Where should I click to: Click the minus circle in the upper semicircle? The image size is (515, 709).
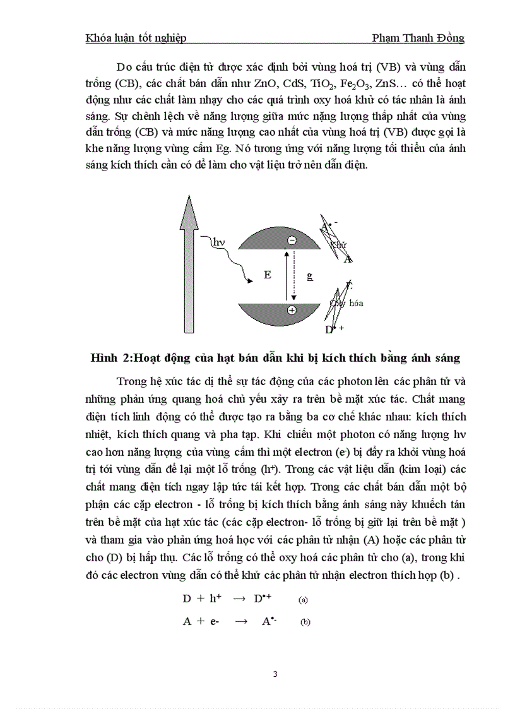(291, 241)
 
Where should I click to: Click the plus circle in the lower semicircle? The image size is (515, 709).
(291, 310)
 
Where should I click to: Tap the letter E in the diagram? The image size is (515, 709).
(268, 275)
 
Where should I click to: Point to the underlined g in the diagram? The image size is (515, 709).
(309, 275)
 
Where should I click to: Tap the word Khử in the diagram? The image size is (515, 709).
(338, 244)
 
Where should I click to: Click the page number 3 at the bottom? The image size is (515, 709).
(275, 674)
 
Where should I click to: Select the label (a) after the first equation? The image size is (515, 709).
(303, 600)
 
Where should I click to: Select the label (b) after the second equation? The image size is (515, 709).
(305, 622)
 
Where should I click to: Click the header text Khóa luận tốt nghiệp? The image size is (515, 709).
(136, 39)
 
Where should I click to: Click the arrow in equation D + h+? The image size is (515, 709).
(239, 599)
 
